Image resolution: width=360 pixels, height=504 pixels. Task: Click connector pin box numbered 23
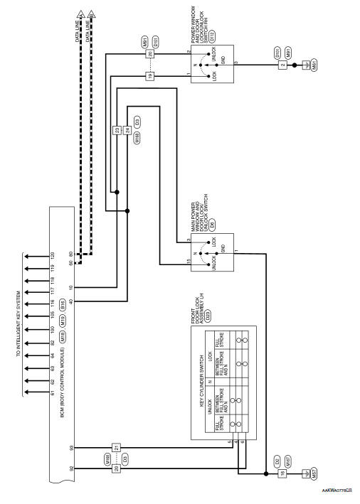click(x=116, y=130)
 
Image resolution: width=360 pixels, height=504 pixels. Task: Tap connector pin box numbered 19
click(x=150, y=75)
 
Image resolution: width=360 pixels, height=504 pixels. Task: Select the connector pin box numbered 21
click(x=116, y=446)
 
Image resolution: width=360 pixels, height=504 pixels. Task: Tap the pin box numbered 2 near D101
click(x=282, y=64)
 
